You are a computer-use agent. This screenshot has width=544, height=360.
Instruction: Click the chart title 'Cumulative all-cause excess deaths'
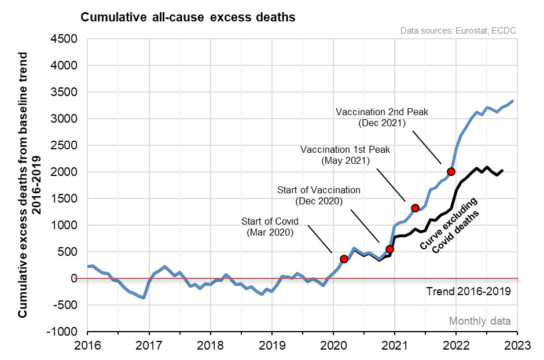(188, 17)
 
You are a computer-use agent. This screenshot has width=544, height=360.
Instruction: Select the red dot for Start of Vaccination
(389, 249)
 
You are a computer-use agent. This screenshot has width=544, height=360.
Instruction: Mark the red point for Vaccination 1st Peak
(415, 208)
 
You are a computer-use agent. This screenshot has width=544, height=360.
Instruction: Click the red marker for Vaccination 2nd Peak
(451, 171)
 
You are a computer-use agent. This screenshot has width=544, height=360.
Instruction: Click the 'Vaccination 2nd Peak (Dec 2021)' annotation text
(382, 117)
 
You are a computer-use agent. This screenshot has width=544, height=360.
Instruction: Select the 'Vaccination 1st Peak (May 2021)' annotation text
(345, 155)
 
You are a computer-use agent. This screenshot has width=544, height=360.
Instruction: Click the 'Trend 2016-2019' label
(468, 291)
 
